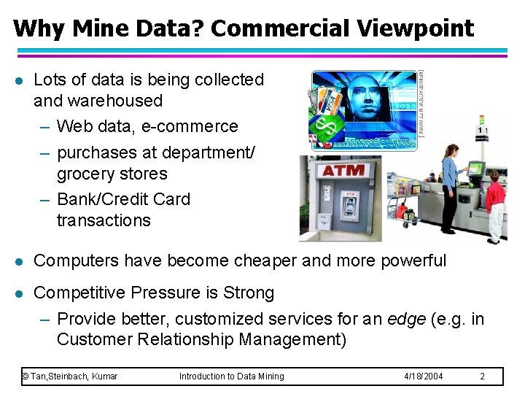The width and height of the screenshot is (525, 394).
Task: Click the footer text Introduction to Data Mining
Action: [232, 376]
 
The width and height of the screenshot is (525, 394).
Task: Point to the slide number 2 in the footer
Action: [482, 376]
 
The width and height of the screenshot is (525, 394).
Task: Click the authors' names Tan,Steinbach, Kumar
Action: [70, 376]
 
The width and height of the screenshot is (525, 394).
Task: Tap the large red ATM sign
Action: [343, 171]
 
